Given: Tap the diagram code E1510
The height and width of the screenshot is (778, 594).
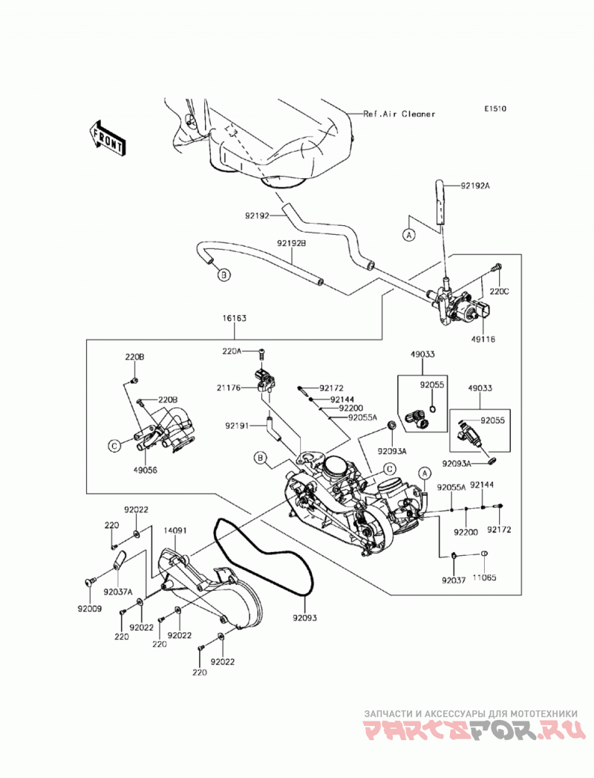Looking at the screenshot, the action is coord(495,108).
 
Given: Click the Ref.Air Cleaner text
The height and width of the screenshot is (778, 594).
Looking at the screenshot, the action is coord(399,114).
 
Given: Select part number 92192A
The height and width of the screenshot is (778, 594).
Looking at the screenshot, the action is coord(475,186).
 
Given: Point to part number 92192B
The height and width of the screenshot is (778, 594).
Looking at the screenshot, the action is coord(292,244).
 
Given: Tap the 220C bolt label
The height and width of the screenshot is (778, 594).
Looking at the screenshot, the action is coord(499,292).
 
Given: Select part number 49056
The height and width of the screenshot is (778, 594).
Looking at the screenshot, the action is coord(146,470).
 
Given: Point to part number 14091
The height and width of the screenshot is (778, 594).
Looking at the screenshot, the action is coord(175,531).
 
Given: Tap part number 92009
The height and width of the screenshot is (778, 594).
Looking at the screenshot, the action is coord(90,609).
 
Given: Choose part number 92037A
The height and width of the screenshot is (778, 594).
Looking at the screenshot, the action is coord(118,591).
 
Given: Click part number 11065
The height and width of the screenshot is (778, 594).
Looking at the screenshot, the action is coord(484,577).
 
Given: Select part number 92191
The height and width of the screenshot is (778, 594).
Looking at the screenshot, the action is coord(237,425).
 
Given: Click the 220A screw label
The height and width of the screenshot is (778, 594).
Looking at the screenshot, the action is coord(232,351).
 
